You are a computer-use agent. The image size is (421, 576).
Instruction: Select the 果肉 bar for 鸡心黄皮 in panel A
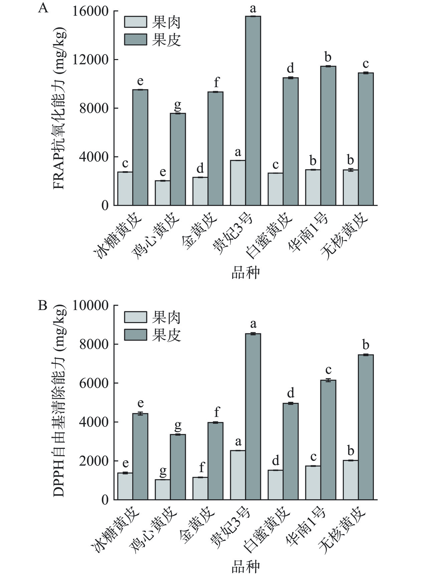[162, 193]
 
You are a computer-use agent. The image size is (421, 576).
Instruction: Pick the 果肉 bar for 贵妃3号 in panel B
[238, 475]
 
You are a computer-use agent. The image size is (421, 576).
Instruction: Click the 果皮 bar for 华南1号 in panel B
[328, 440]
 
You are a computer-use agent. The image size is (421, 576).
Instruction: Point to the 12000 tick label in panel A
[94, 60]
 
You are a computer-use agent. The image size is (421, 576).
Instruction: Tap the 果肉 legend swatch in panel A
[136, 22]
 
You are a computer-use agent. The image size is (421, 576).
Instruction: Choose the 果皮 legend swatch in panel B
[136, 335]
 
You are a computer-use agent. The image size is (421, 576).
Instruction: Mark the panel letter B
[43, 305]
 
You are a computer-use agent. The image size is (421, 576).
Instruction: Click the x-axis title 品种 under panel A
[246, 273]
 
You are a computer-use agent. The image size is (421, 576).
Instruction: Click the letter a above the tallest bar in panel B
[253, 323]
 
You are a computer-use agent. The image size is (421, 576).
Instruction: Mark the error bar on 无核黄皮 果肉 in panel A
[350, 170]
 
